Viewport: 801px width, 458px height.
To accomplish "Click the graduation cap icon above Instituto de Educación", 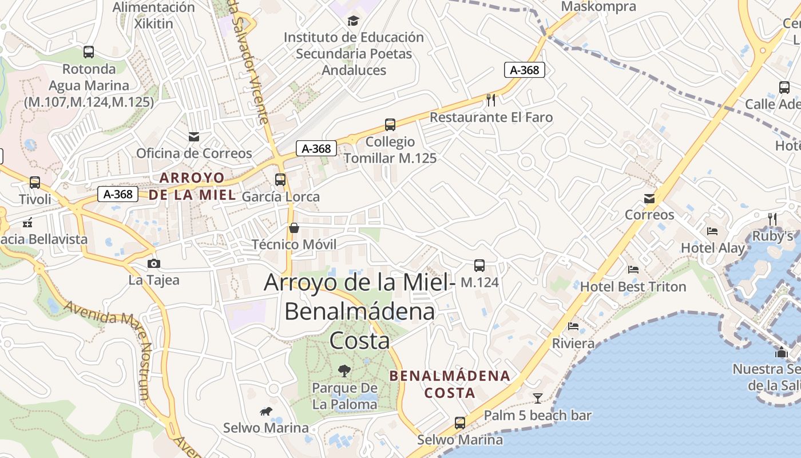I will (354, 21).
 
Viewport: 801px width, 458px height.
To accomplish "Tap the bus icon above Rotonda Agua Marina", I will (89, 52).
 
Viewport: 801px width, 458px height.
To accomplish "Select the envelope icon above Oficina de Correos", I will (194, 137).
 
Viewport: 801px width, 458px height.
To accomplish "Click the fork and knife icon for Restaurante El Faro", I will (491, 100).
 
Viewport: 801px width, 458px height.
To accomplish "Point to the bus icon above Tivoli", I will (35, 183).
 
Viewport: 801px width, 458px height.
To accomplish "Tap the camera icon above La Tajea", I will (153, 263).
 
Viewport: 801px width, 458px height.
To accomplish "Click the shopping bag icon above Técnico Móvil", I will (294, 228).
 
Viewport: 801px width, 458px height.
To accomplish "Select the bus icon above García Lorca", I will (280, 180).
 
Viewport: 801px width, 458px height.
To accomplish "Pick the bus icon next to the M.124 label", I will (479, 266).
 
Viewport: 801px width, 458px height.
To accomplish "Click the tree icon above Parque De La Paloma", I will (344, 371).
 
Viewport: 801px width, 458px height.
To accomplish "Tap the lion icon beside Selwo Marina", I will (266, 411).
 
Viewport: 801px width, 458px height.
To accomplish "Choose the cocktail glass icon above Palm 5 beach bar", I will (538, 398).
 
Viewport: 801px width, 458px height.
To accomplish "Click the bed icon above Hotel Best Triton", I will (633, 269).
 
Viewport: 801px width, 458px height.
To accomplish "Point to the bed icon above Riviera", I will (573, 326).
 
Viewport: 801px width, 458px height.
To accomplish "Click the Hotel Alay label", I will (713, 248).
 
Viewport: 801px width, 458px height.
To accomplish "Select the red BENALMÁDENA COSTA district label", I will (450, 384).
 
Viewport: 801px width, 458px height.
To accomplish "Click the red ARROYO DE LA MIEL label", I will (192, 186).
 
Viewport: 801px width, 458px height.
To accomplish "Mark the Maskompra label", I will (598, 7).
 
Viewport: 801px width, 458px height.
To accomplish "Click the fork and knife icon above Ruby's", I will (772, 218).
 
